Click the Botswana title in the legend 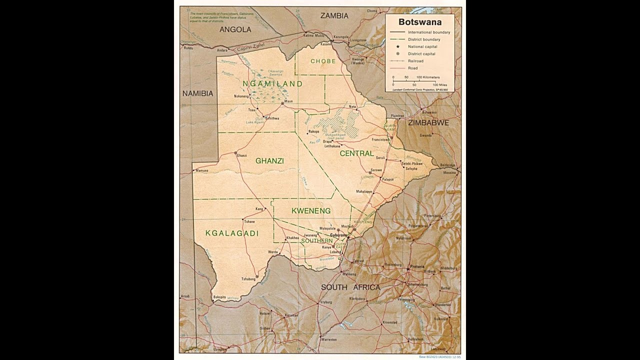point(419,22)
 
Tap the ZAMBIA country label point(334,16)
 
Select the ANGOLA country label point(235,29)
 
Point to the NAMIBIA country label point(197,93)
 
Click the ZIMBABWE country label point(428,122)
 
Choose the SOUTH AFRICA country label point(350,287)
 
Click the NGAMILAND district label point(272,84)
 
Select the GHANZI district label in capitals point(269,161)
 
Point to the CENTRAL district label point(356,153)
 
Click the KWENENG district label point(311,211)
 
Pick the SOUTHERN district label point(316,240)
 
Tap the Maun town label point(288,101)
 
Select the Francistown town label point(381,139)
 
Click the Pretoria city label point(416,266)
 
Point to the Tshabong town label point(248,279)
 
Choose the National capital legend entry point(421,46)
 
